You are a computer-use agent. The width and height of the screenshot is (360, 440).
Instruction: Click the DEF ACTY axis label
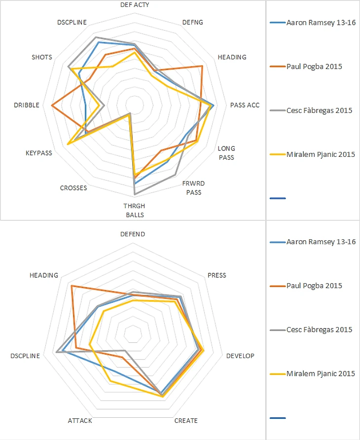point(135,4)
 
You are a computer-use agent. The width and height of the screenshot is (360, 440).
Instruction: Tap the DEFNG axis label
point(192,22)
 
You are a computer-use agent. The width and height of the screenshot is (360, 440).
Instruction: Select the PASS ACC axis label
point(245,105)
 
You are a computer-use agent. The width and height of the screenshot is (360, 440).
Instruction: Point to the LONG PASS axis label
point(226,153)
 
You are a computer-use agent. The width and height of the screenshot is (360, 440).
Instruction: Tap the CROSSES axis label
point(73,188)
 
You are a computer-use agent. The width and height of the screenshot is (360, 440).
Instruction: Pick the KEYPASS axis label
point(38,153)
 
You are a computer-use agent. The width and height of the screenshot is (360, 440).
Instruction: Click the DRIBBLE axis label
point(27,105)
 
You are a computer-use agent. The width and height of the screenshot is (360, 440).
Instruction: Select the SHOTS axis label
point(41,57)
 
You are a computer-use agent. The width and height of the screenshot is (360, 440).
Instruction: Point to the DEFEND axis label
point(133,234)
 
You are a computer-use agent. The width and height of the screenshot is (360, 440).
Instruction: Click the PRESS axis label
point(217,275)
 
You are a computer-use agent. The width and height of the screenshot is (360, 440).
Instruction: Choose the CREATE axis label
point(186,421)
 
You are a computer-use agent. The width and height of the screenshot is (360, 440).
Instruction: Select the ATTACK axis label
point(79,421)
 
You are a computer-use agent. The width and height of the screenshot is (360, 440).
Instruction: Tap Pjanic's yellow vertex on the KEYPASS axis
point(68,144)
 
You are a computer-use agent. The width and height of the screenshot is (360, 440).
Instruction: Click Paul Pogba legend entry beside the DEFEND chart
point(314,286)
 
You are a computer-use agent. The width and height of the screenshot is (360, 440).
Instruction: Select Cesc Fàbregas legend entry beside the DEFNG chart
point(319,110)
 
